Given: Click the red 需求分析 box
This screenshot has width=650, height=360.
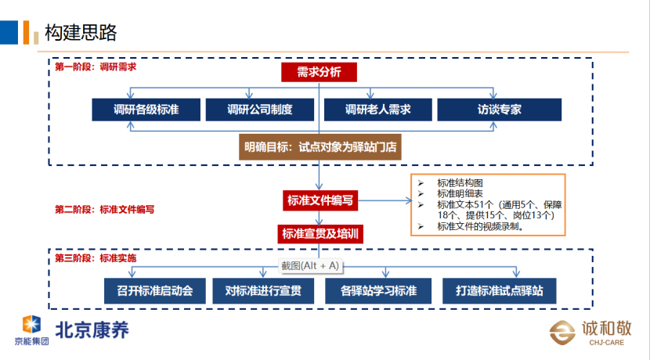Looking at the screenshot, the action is coord(319,72).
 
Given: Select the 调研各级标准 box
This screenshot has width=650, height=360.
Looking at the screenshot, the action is coord(146,110).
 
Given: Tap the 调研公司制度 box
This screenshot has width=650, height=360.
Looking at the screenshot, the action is coord(259,110).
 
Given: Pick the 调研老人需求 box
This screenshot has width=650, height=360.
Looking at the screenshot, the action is coord(377,110).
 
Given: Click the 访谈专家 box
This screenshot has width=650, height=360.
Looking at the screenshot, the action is coord(499,110).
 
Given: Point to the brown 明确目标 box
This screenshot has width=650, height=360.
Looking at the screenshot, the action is coord(320,146).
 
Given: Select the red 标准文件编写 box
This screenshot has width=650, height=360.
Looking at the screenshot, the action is coord(320,200).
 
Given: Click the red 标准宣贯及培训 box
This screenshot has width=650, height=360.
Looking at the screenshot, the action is coord(320,234).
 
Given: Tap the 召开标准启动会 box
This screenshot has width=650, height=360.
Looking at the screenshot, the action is coord(154,291).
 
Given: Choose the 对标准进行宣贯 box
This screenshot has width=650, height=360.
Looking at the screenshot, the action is coord(263,291).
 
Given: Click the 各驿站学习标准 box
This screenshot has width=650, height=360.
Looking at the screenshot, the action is coord(378,291).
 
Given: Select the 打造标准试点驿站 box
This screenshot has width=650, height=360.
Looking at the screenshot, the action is coord(499,291).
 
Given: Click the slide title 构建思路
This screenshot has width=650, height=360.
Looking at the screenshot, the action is coord(81,32).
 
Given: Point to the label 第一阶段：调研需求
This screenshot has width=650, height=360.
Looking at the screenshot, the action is coord(96,67).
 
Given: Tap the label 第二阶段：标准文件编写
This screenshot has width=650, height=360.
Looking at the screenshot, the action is coord(104,209).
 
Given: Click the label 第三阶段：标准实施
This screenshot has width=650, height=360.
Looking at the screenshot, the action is coord(96,258).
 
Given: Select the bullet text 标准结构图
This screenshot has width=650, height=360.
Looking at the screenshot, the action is coord(460,182).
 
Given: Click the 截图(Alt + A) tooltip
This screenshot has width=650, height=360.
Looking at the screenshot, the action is coord(310,265).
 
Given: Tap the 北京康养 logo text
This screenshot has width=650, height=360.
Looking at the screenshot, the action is coord(92,330).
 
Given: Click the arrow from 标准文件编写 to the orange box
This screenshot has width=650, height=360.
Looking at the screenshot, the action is coord(385,200).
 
